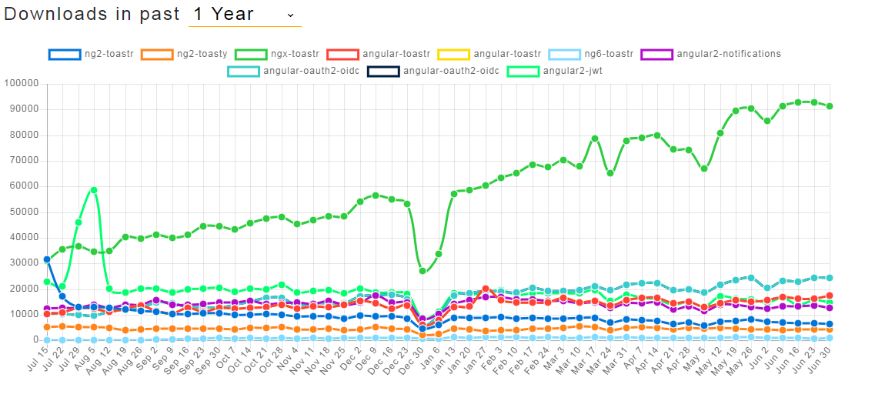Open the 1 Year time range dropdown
[244, 15]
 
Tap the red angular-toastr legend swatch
[342, 54]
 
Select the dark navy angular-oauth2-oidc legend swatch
[383, 72]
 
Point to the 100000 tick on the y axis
[22, 83]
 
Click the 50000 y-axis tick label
[24, 212]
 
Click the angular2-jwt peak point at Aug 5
[94, 189]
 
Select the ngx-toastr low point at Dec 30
[422, 271]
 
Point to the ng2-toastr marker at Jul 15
[47, 259]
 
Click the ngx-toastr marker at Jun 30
[829, 106]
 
